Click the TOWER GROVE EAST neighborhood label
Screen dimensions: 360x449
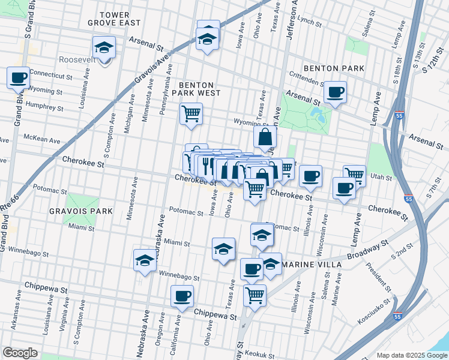120,18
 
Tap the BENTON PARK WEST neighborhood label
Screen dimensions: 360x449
196,89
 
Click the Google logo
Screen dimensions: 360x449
20,353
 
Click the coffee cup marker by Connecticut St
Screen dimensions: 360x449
18,77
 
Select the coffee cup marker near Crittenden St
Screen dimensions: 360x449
335,92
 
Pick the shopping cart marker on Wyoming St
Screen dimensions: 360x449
191,113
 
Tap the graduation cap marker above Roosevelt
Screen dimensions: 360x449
104,47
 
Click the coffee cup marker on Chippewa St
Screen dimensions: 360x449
182,295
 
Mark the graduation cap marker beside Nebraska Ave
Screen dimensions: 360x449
144,260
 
